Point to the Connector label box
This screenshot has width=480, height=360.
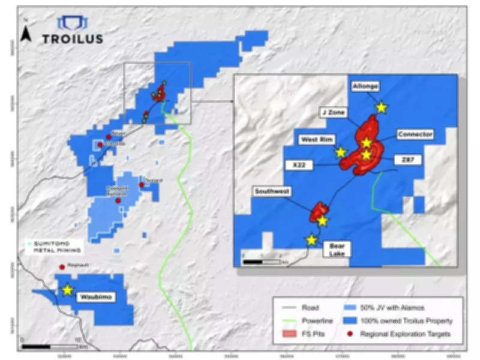[x=415, y=134]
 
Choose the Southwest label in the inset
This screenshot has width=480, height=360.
[x=272, y=191]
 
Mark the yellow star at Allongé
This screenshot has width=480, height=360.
[x=381, y=107]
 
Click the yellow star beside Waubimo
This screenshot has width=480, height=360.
[x=67, y=290]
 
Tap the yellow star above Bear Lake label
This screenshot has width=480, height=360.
[x=311, y=240]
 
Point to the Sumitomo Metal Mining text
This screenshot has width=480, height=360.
[x=53, y=247]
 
